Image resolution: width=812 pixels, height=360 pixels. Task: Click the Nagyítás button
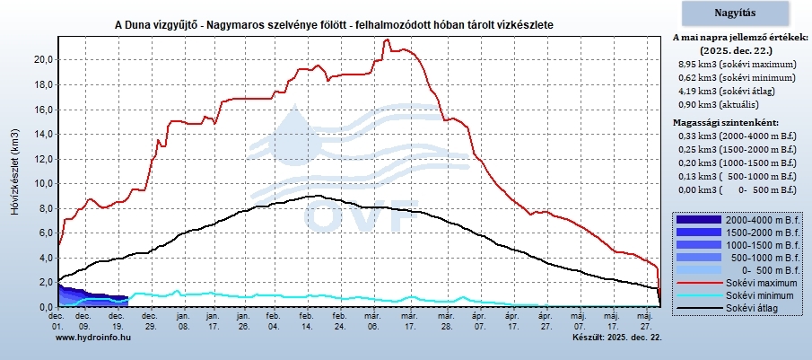point(735,13)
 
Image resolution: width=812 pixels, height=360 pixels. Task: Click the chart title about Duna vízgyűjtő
point(334,24)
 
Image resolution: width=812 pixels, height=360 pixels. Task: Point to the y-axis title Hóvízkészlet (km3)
point(13,172)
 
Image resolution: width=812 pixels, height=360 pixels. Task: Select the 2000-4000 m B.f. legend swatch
point(697,219)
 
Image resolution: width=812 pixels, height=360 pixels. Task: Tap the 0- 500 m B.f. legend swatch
point(697,269)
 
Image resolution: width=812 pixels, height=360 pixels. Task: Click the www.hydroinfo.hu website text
point(93,337)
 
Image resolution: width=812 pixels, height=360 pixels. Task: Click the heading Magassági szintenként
point(728,121)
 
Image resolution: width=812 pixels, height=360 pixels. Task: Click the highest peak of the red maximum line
point(387,40)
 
